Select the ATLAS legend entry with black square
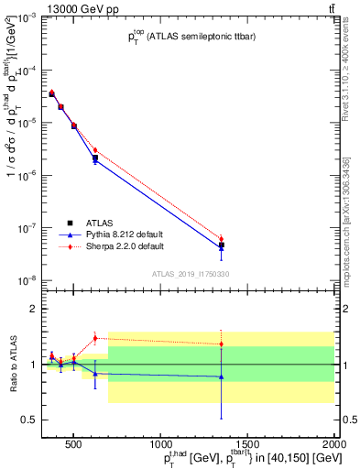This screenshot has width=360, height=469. point(71,222)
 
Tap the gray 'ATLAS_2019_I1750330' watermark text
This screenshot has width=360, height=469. point(190,274)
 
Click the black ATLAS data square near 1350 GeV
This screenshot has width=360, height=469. point(221,245)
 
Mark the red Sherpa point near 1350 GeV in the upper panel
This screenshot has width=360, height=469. point(221,239)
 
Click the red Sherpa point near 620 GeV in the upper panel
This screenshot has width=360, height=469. point(94,150)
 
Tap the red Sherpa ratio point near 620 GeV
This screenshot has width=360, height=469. point(94,338)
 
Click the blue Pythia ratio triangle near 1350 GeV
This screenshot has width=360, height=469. point(221,376)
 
